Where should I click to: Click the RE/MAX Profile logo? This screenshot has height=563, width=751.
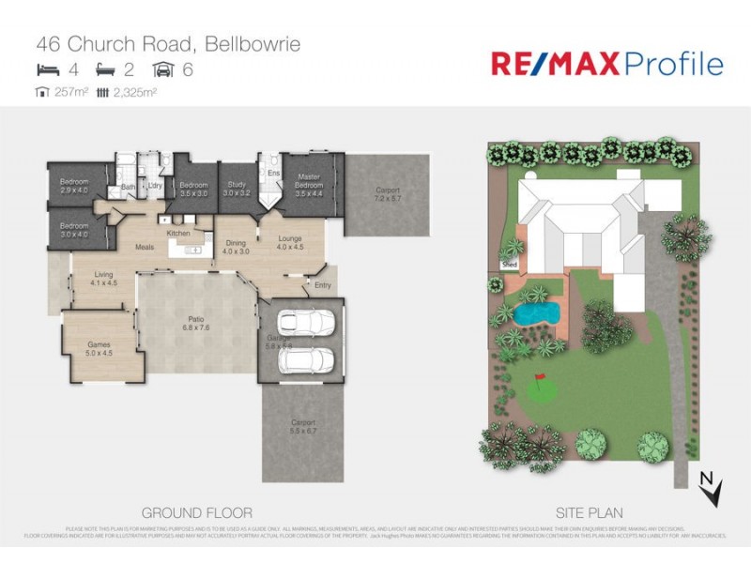pos(607,64)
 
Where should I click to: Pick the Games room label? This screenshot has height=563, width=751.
pos(100,349)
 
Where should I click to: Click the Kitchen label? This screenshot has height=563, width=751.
pos(178,233)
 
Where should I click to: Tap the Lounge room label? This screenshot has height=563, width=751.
pos(290,243)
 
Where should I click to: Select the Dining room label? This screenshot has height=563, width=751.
pos(236,247)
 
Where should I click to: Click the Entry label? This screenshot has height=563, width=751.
pos(323,285)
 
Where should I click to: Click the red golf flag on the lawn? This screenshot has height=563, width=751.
pos(540,379)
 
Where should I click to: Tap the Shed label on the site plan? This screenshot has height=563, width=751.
pos(511,266)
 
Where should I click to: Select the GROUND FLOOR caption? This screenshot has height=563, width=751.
pos(196,513)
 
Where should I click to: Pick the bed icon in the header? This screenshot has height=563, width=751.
pos(46,69)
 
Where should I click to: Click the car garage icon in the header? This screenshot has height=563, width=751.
pos(163,69)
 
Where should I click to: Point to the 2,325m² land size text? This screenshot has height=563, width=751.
pos(130,92)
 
